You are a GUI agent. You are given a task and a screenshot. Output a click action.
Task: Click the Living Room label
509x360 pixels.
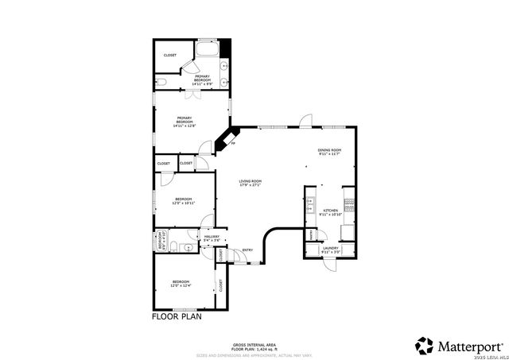click(251, 184)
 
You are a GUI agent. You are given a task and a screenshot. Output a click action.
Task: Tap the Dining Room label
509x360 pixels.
click(329, 152)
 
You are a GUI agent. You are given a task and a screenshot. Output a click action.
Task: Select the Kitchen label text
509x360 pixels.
click(329, 213)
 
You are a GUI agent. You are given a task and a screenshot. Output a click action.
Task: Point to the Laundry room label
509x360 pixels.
click(332, 250)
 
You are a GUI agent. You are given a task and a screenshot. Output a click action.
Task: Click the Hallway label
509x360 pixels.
click(212, 238)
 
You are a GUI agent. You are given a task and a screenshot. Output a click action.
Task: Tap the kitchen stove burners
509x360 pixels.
click(348, 203)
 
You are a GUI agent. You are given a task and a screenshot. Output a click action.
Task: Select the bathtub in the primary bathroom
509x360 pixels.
click(209, 50)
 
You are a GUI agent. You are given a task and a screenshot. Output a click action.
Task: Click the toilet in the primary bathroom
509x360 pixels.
click(161, 81)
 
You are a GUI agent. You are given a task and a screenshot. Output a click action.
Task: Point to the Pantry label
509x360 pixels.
click(310, 236)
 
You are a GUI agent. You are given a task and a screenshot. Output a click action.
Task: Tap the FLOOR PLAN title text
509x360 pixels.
click(177, 316)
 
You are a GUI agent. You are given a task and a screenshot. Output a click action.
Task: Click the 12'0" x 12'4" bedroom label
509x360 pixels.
click(181, 284)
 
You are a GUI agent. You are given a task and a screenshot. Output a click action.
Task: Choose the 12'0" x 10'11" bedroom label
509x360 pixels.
click(184, 201)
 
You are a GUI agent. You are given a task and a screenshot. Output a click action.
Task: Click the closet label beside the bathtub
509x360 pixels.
click(170, 55)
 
